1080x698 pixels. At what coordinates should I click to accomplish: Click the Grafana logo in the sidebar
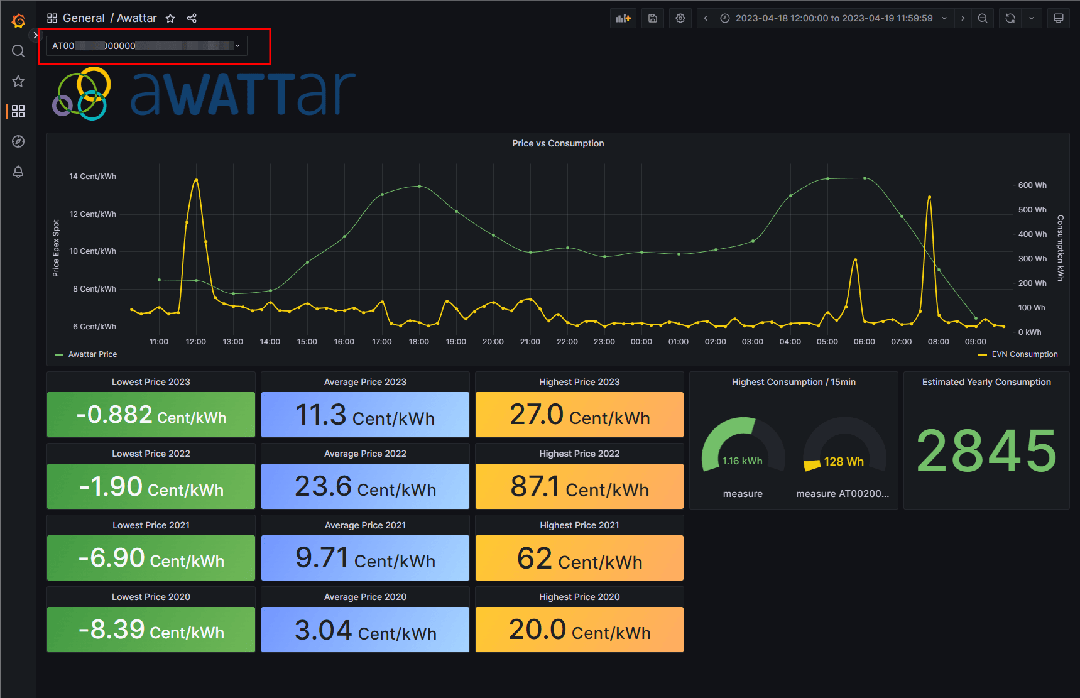[x=18, y=21]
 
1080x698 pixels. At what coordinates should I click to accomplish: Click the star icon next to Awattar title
[x=170, y=18]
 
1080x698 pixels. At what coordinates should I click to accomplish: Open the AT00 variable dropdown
[x=146, y=46]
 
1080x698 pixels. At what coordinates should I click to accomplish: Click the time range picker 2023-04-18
[x=834, y=18]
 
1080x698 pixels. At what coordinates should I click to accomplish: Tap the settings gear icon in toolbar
[x=680, y=18]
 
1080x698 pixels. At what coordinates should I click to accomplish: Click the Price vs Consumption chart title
[x=558, y=143]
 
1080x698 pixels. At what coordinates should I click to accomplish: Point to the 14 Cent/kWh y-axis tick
[x=92, y=177]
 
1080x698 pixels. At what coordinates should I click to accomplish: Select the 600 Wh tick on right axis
[x=1032, y=185]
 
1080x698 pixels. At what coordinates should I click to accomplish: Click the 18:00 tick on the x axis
[x=419, y=342]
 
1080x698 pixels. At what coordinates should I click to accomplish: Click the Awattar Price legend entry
[x=92, y=354]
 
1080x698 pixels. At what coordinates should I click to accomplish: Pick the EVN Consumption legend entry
[x=1024, y=354]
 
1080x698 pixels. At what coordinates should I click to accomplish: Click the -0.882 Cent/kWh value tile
[x=151, y=415]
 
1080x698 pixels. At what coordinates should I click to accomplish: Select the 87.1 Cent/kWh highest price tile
[x=579, y=486]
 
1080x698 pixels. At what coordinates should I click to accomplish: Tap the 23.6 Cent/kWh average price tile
[x=365, y=486]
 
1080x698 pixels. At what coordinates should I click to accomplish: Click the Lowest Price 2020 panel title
[x=151, y=597]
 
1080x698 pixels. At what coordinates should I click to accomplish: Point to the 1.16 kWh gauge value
[x=743, y=461]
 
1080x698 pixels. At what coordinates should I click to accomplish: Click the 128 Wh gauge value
[x=844, y=462]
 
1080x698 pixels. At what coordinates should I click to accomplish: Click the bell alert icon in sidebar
[x=18, y=172]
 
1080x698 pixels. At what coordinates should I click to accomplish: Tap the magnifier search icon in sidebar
[x=18, y=51]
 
